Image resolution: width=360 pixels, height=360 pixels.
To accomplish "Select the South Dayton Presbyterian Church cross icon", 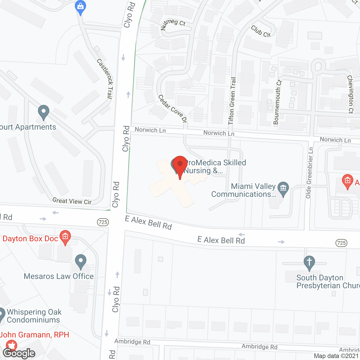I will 309,262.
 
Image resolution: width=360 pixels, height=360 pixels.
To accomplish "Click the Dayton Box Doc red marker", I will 65,237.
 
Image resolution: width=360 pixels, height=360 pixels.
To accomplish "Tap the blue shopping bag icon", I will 81,6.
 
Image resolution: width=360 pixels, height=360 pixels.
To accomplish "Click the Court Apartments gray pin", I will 43,112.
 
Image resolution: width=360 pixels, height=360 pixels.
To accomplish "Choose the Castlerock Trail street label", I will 105,79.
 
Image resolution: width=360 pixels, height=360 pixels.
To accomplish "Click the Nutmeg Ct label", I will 173,24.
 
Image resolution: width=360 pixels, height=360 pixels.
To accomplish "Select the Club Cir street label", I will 261,31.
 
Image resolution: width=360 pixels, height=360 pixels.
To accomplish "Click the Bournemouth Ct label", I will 277,102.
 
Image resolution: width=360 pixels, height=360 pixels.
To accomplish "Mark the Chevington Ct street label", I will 350,94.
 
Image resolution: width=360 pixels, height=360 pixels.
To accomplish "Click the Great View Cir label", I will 72,201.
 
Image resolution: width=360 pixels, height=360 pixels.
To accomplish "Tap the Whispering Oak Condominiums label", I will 34,316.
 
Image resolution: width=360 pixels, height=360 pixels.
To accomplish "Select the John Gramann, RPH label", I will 35,335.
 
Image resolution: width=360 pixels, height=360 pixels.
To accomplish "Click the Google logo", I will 19,353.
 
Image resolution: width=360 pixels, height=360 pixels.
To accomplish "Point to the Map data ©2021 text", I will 336,356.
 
